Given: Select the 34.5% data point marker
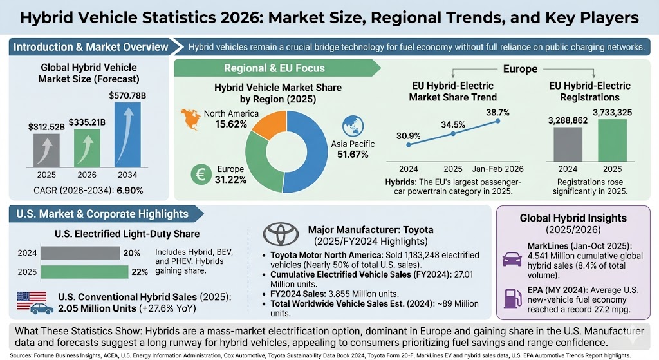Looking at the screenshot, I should [454, 134].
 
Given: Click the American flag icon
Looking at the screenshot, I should [32, 299].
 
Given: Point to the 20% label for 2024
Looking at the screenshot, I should [131, 252].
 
